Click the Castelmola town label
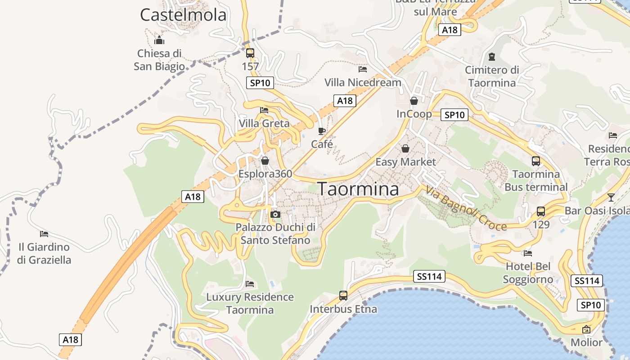coord(183,15)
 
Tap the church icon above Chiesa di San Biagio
coord(159,40)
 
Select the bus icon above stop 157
coord(250,53)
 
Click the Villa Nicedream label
coord(363,82)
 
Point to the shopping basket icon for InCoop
coord(414,101)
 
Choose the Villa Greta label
coord(264,123)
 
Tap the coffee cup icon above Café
coord(322,131)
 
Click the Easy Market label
coord(405,162)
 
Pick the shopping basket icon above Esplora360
coord(265,161)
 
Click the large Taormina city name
coord(358,189)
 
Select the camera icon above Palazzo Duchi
coord(275,214)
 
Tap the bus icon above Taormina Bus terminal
coord(536,161)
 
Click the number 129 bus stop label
coord(541,224)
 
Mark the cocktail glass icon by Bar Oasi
coord(611,197)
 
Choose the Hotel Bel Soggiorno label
coord(528,273)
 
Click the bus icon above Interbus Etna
coord(343,296)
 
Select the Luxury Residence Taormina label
coord(250,303)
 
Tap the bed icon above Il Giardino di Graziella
coord(44,234)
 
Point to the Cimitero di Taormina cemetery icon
coord(492,57)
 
